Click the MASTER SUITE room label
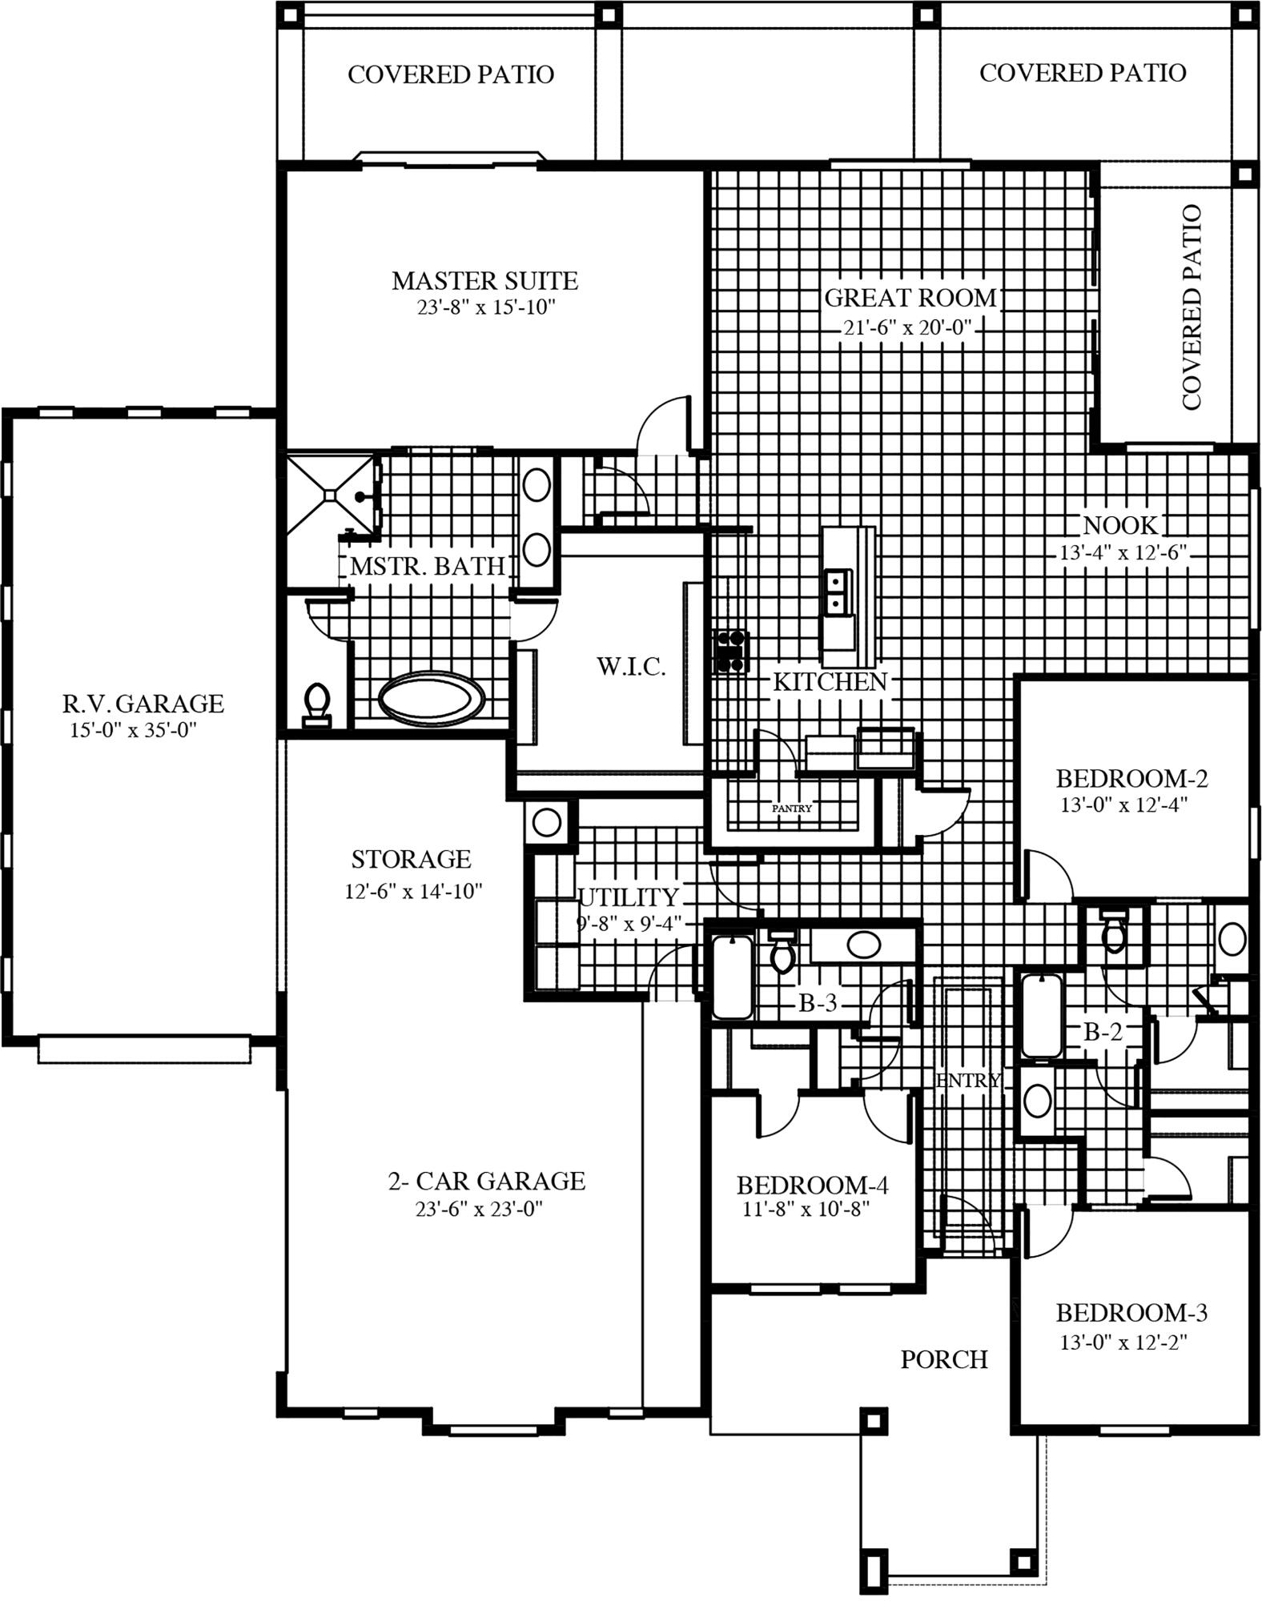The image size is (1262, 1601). click(x=484, y=281)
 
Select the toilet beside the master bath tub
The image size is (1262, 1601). click(x=318, y=704)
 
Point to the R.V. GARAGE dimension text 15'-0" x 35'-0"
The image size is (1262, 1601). click(x=133, y=730)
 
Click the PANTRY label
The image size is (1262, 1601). click(x=791, y=809)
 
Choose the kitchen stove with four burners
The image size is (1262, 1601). click(x=731, y=650)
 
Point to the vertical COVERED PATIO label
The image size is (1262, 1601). click(x=1191, y=307)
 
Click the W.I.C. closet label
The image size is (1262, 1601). click(x=630, y=666)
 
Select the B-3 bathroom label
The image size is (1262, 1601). click(x=817, y=1004)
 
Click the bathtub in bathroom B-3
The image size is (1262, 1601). click(x=732, y=975)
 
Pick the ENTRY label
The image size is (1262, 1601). click(x=967, y=1081)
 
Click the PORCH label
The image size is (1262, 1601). click(x=943, y=1359)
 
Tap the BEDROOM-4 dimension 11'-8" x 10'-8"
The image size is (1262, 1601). click(x=806, y=1210)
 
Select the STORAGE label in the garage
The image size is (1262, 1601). click(x=411, y=859)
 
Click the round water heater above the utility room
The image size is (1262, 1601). click(x=547, y=822)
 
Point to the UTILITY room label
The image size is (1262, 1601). click(x=629, y=897)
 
